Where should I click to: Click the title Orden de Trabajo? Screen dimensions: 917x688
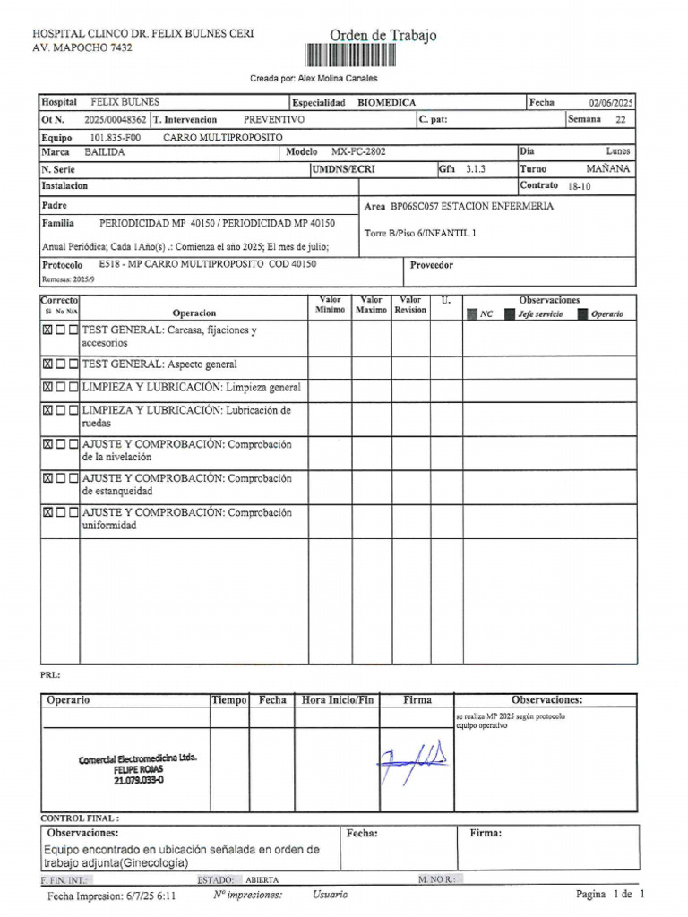pos(383,36)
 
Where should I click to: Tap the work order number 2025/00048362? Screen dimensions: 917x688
pos(116,119)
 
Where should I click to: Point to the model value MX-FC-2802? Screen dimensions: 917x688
pos(358,152)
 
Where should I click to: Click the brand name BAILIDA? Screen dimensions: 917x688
pos(105,152)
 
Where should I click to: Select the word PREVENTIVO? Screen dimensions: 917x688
pos(273,119)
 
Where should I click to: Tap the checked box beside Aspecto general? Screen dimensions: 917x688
pos(47,364)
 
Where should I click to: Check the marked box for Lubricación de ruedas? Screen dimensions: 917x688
pos(47,410)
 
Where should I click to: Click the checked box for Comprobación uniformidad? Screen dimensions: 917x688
pos(47,513)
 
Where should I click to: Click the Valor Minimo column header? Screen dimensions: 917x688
pos(330,305)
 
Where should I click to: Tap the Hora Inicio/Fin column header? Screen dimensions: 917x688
pos(338,700)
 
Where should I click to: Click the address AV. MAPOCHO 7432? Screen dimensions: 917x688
pos(82,47)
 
